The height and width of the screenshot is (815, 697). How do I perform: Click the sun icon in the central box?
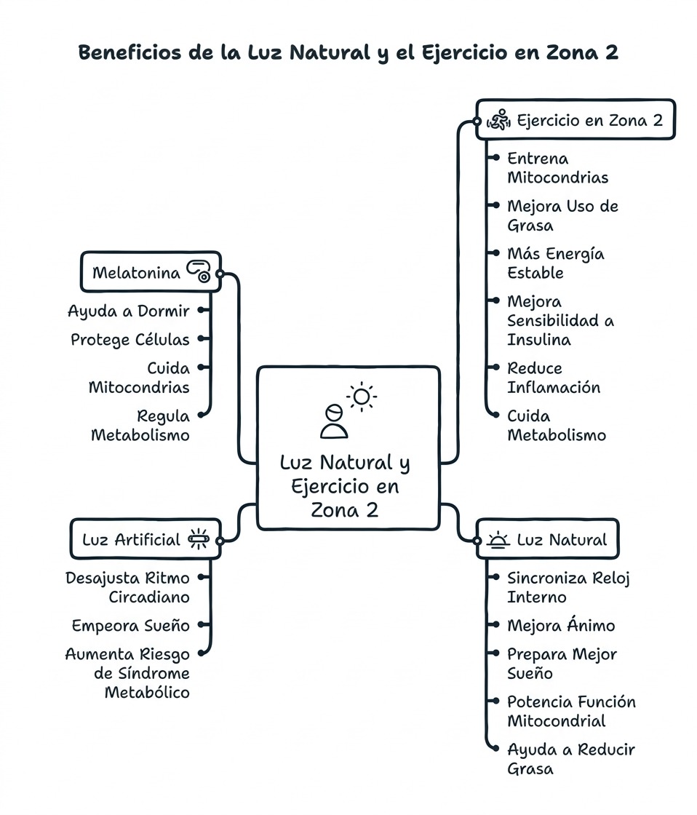point(362,397)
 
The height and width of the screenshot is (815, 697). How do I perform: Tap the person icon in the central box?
point(334,421)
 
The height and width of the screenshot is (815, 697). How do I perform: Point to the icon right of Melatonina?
point(199,272)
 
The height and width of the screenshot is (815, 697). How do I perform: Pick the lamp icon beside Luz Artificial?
point(199,539)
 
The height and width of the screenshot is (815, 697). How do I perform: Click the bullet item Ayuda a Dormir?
point(128,311)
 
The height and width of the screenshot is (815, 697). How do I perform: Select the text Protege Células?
point(130,340)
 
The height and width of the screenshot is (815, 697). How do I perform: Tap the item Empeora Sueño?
point(130,626)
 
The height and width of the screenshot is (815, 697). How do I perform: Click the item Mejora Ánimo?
point(561,626)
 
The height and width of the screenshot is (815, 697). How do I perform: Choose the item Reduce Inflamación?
point(554,378)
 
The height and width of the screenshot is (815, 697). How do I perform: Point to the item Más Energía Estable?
point(555,263)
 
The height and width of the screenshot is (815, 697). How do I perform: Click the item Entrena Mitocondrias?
point(557,168)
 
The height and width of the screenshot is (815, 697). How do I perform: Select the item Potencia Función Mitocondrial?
point(571,712)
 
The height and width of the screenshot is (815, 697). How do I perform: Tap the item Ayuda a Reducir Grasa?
point(571,759)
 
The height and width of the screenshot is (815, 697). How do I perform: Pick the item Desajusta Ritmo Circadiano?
point(127,587)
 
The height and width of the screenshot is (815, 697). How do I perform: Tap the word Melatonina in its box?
point(136,273)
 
